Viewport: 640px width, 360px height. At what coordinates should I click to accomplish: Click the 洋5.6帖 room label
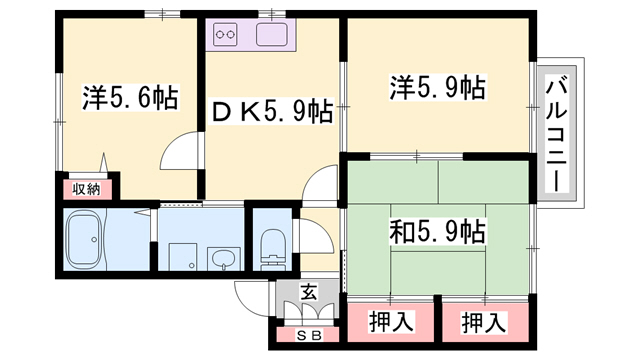tap(130, 98)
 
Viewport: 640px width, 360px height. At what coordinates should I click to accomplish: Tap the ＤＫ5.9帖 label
tap(272, 111)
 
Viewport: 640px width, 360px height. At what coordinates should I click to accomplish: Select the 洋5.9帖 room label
tap(438, 87)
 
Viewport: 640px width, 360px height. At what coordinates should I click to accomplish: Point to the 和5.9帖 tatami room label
tap(438, 231)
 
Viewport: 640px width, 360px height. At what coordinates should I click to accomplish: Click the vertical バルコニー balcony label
tap(557, 136)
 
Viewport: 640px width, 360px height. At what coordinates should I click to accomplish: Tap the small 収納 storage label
tap(86, 189)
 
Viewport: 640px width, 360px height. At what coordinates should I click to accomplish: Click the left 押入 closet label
tap(391, 322)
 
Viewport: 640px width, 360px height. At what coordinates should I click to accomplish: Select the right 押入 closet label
tap(484, 322)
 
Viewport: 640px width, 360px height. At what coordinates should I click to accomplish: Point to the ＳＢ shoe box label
tap(309, 336)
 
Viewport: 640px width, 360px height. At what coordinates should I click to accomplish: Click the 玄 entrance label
tap(309, 293)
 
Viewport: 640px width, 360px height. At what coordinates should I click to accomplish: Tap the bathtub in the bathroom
tap(84, 240)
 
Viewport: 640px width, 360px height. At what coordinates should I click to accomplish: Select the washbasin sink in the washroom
tap(223, 260)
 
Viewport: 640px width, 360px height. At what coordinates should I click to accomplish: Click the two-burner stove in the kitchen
tap(225, 34)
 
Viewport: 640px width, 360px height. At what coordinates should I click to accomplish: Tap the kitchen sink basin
tap(271, 34)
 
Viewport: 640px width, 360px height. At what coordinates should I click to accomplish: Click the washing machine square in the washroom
tap(183, 257)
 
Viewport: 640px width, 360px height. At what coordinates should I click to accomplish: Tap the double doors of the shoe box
tap(309, 312)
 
